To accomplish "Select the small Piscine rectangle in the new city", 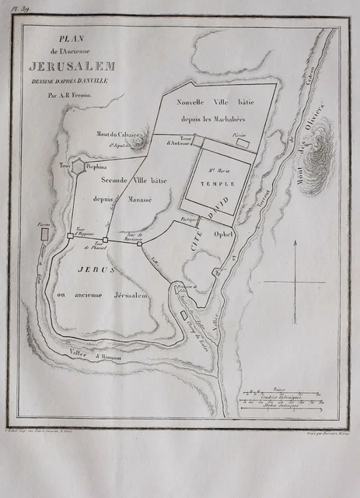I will click(243, 143).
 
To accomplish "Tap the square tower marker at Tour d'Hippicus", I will click(71, 236).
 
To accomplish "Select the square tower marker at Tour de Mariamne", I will click(139, 244).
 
